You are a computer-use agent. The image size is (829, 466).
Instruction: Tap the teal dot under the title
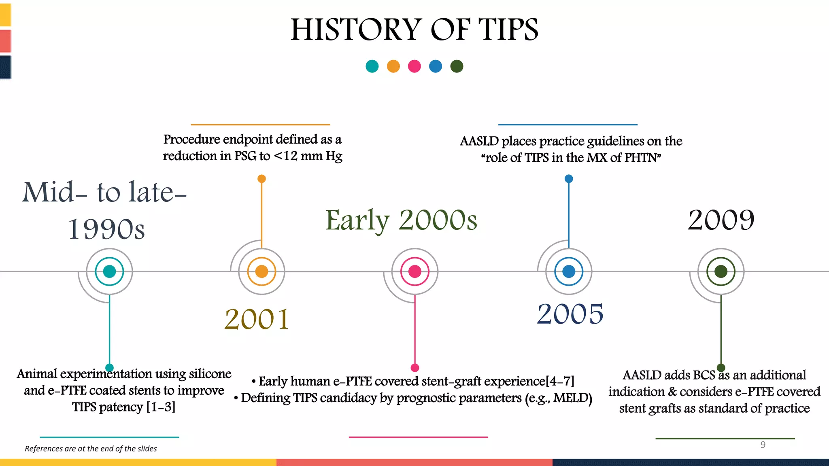coord(372,66)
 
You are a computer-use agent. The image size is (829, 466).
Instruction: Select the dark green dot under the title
coord(457,66)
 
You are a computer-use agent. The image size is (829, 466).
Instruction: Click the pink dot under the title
coord(414,66)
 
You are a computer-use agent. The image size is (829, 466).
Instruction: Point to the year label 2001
coord(257,319)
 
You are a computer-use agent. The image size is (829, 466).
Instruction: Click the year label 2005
coord(570,314)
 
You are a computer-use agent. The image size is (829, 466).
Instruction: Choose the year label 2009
coord(721,220)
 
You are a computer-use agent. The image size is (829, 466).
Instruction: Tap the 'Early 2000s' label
coord(401,220)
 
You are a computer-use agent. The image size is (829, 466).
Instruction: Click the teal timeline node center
coord(109,271)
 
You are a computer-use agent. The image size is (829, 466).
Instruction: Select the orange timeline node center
coord(261,271)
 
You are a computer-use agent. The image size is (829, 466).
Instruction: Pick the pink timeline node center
coord(414,271)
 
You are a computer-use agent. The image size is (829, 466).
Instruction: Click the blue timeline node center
coord(569,271)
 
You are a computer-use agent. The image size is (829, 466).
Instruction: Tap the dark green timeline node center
coord(721,271)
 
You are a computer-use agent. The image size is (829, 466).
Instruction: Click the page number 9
coord(763,445)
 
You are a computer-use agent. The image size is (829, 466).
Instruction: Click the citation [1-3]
coord(161,407)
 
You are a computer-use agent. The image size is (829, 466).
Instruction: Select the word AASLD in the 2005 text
coord(479,141)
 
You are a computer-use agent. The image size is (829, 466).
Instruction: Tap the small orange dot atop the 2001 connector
coord(261,179)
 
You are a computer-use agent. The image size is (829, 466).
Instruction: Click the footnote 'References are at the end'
coord(91,449)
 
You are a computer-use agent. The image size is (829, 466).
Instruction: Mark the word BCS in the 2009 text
coord(704,375)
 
